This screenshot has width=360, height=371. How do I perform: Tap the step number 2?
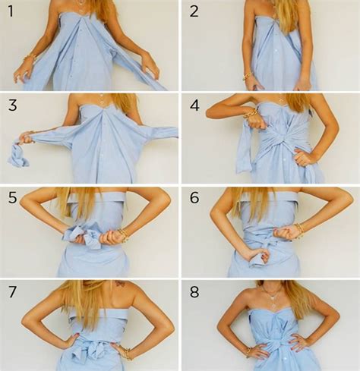pyautogui.click(x=194, y=11)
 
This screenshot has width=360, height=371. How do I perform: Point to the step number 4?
pyautogui.click(x=194, y=105)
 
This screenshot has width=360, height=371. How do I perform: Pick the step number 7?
pyautogui.click(x=12, y=291)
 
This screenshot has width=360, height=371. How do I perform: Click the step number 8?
pyautogui.click(x=194, y=292)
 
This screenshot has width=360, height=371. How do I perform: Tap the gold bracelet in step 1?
pyautogui.click(x=29, y=57)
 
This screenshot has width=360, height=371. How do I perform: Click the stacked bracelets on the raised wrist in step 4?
pyautogui.click(x=251, y=113)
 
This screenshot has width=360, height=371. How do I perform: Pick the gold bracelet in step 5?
pyautogui.click(x=122, y=235)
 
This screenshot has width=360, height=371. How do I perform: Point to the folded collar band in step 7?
pyautogui.click(x=90, y=313)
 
